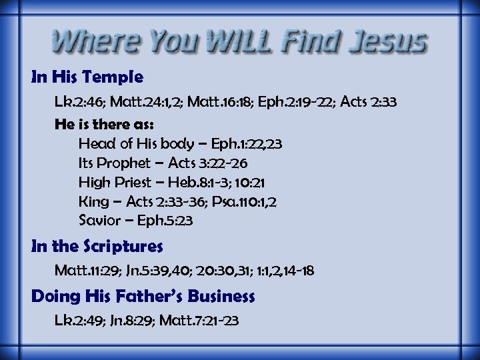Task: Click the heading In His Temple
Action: (87, 77)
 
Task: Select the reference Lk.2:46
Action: (79, 103)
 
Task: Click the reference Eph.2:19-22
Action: (292, 103)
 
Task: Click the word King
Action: (93, 201)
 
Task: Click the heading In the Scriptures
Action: (97, 247)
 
